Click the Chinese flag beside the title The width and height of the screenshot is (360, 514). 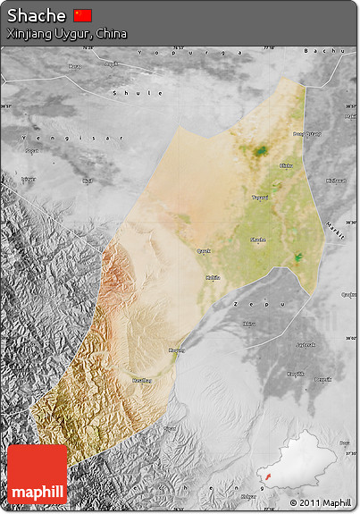coord(83,15)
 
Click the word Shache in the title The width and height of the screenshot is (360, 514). coord(37,16)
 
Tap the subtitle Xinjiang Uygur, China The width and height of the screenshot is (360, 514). coord(67,33)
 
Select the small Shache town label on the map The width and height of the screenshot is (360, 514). coord(258,240)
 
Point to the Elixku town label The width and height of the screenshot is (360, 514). coord(286,166)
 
